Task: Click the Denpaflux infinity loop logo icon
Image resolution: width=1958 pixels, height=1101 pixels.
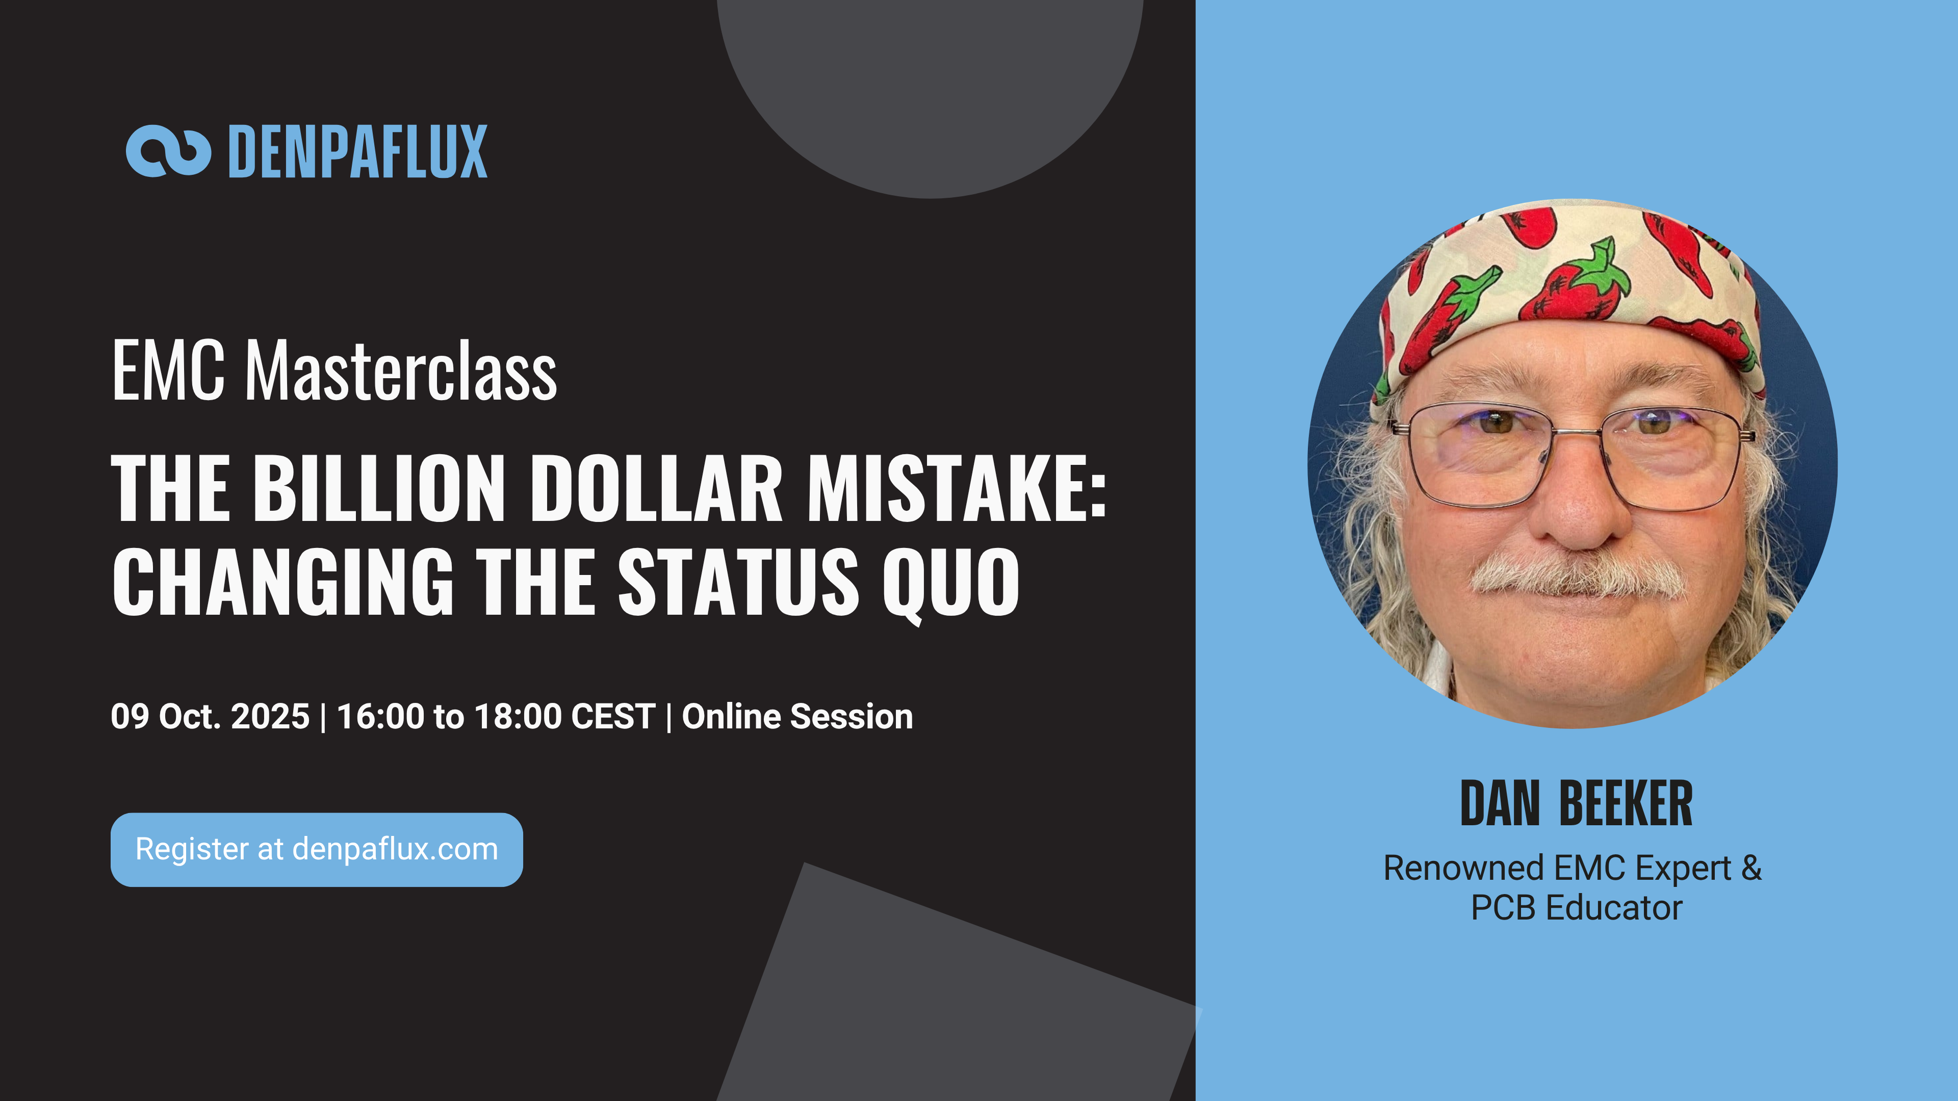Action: [168, 151]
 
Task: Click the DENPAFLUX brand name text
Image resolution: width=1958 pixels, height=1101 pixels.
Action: [357, 152]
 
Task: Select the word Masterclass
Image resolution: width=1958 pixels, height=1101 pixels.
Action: [401, 372]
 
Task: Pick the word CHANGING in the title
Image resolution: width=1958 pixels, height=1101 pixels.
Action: [283, 582]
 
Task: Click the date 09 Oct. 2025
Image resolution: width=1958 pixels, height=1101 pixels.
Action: [210, 717]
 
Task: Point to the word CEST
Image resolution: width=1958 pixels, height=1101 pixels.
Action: [612, 717]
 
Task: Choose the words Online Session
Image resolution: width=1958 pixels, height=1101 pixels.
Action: [797, 717]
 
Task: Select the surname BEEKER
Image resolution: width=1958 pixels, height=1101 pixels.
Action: [1626, 803]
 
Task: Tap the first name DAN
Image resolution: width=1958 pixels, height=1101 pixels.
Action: [1500, 803]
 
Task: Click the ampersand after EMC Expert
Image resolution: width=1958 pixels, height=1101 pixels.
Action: [1750, 868]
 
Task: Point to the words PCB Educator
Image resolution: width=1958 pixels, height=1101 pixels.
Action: [1577, 908]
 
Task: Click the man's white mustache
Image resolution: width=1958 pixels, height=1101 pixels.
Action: [1577, 575]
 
